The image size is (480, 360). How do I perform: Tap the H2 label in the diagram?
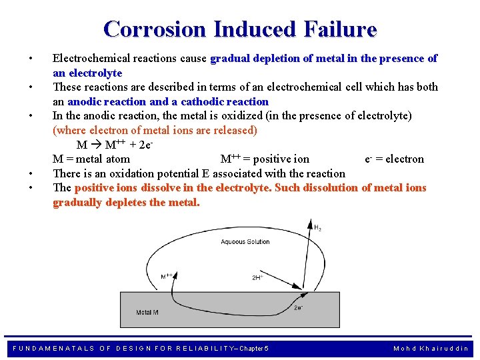(318, 228)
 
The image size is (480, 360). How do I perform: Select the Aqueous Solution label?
(245, 242)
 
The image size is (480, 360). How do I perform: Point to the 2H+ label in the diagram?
(257, 277)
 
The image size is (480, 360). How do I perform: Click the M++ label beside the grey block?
(167, 275)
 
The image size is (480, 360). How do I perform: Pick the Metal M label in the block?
(147, 312)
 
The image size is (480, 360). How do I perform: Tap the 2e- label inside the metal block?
(299, 308)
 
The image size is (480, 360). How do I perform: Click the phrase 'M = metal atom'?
(91, 159)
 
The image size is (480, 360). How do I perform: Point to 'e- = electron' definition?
(395, 159)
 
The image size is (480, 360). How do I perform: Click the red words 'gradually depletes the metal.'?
(126, 202)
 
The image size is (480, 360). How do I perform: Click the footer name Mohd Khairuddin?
(431, 348)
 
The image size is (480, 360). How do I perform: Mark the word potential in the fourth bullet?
(184, 173)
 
